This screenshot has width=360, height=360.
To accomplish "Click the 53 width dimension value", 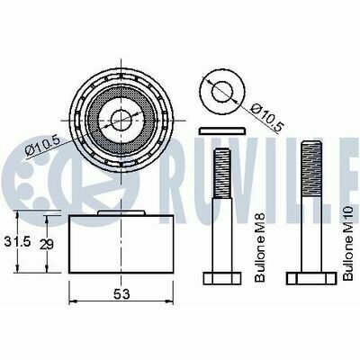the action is (x=121, y=294).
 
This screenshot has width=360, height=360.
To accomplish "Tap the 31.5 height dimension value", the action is (x=18, y=241).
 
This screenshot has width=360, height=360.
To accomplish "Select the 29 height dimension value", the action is (x=47, y=245).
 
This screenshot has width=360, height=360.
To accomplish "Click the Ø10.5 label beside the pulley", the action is (x=43, y=145).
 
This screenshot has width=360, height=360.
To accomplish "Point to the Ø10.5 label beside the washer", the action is (x=266, y=117).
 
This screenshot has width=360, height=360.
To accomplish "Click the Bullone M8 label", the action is (x=260, y=247).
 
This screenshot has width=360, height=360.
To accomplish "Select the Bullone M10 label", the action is (x=348, y=243).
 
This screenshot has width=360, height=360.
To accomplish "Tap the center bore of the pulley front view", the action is (x=121, y=121).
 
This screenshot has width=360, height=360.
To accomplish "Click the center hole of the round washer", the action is (x=222, y=91).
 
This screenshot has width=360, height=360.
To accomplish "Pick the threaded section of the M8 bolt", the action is (x=222, y=173).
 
